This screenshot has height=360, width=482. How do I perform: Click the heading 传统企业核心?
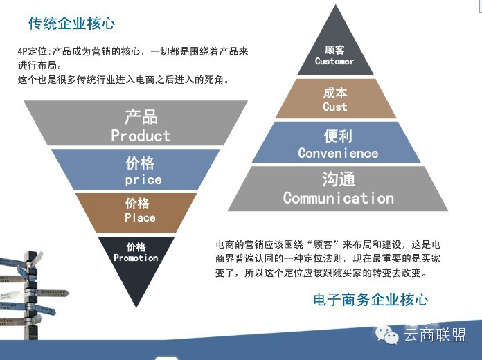click(x=71, y=24)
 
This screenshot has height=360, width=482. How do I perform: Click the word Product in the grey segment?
click(x=141, y=136)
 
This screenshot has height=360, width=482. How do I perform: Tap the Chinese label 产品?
click(x=141, y=116)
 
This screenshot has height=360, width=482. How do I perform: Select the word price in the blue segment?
click(x=143, y=180)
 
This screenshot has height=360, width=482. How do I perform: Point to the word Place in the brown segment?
click(x=140, y=218)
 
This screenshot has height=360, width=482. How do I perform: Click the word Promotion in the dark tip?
click(x=136, y=258)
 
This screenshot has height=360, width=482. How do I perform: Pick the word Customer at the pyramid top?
click(x=334, y=62)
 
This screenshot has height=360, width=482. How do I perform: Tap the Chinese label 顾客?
click(x=334, y=50)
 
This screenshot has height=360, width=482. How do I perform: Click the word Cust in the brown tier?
click(x=335, y=107)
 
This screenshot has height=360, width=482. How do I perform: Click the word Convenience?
click(x=338, y=153)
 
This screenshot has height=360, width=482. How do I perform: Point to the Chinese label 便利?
click(x=338, y=136)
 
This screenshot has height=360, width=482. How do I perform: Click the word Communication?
click(x=338, y=198)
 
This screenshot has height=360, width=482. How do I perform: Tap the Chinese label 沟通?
click(x=338, y=179)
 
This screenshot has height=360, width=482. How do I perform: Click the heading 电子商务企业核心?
click(x=371, y=300)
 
